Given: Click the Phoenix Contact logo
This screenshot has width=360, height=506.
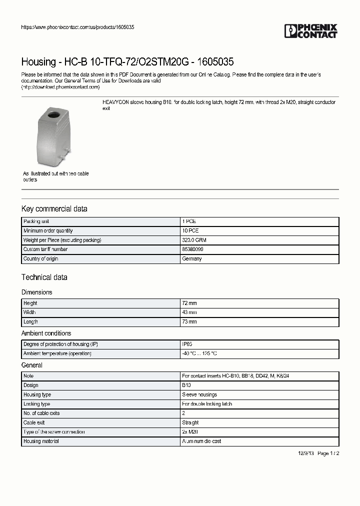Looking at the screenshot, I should point(310,31).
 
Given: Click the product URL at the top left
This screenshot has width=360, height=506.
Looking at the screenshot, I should point(77,27).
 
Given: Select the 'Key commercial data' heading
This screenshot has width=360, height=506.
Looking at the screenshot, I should point(54,209).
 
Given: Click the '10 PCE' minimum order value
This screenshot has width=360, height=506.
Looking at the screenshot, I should point(191,230).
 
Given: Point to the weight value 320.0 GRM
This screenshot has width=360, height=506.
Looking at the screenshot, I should point(194,240).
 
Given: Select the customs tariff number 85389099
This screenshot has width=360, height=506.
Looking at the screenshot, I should point(192,249).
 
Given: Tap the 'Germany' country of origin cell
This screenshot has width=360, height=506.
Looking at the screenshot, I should point(192,258).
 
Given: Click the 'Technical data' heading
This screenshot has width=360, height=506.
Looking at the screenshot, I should point(44,277).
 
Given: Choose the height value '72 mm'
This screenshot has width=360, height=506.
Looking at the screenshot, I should point(189,303).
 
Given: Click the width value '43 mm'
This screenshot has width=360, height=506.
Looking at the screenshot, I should point(189,312).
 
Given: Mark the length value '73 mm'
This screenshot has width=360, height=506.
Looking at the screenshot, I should point(189,321).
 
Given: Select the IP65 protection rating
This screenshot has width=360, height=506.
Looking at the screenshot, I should point(187,344).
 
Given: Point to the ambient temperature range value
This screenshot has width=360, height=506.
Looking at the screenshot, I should point(199,353).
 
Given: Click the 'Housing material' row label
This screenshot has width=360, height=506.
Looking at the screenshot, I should point(41,441).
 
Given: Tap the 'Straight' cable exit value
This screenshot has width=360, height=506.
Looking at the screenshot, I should point(191,422).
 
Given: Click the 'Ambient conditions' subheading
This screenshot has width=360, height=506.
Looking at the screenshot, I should point(46,333).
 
